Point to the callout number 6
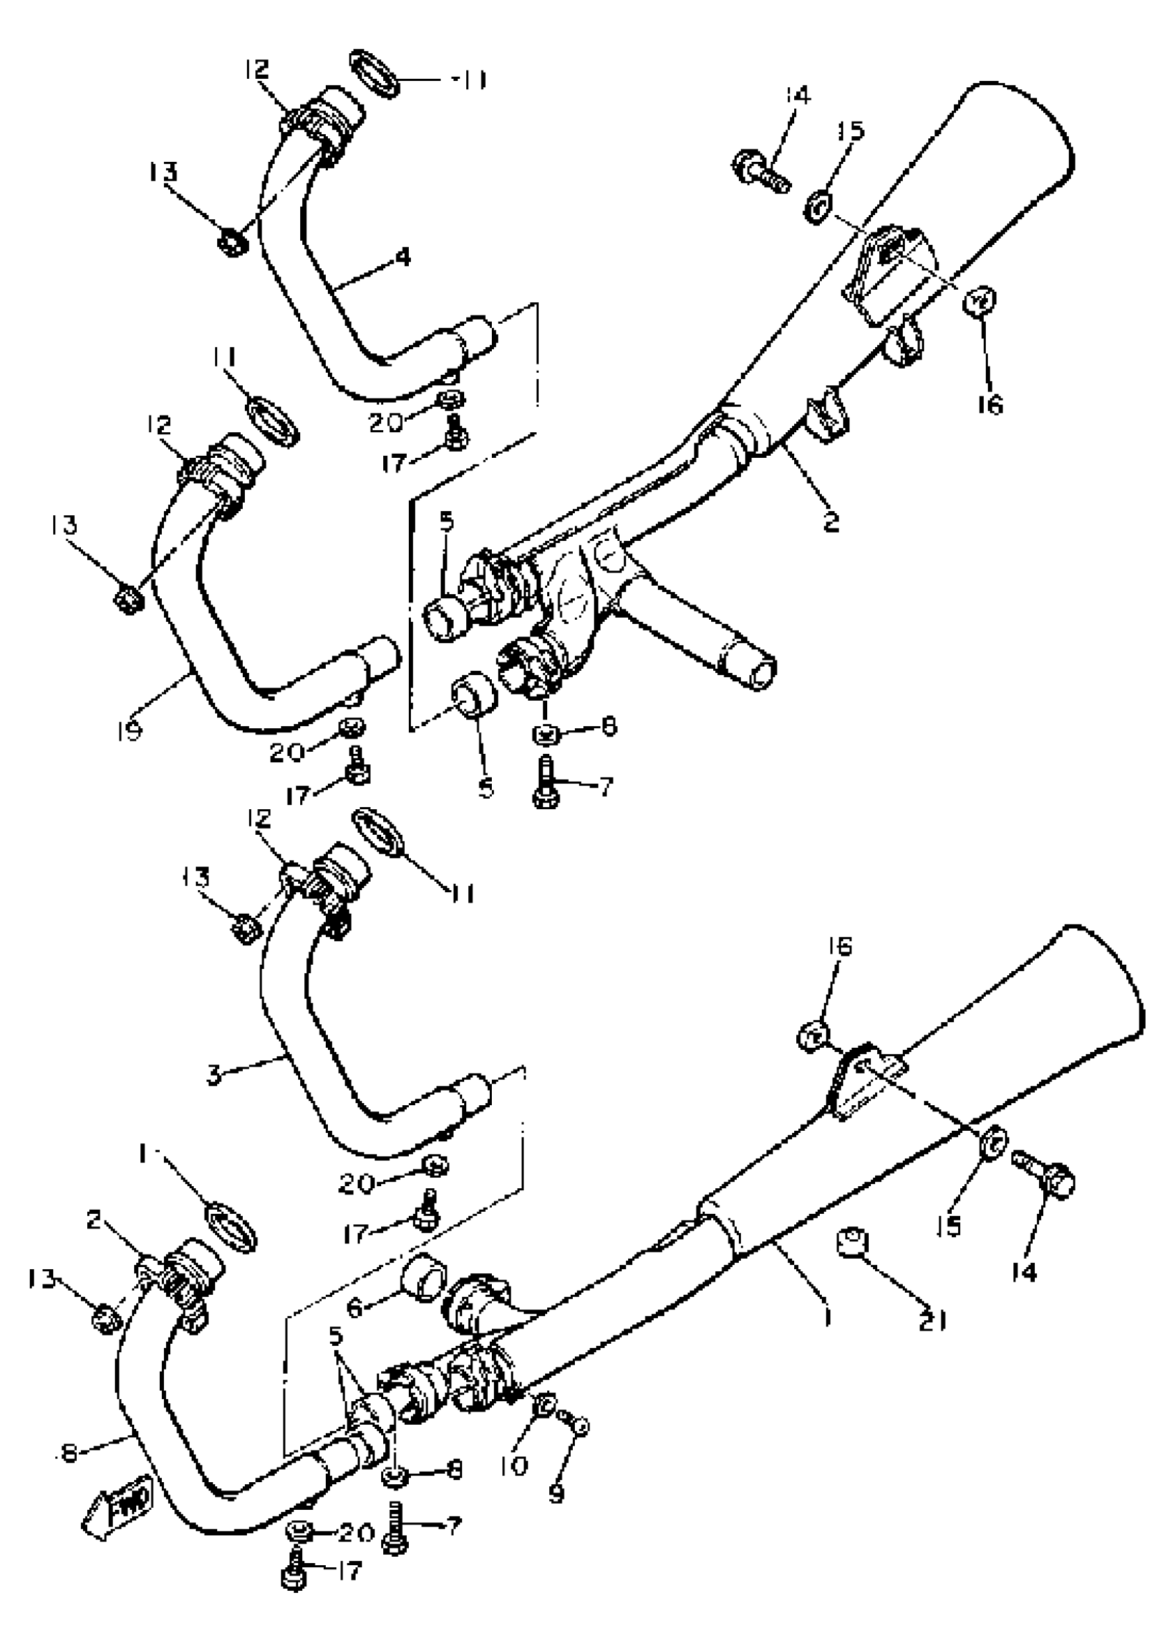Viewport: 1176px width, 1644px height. click(354, 1307)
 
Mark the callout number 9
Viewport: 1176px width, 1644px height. click(557, 1493)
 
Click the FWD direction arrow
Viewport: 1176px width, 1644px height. click(118, 1505)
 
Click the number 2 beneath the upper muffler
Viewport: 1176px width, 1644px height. click(831, 521)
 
